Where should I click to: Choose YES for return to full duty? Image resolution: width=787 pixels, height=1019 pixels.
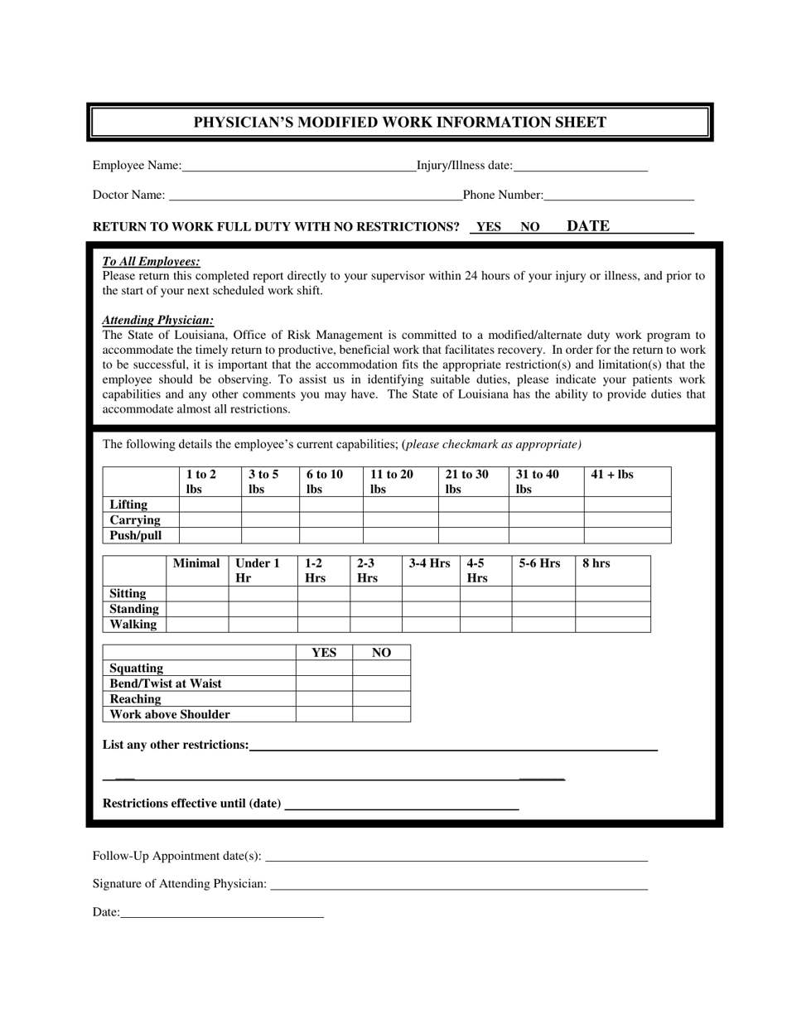[x=488, y=227]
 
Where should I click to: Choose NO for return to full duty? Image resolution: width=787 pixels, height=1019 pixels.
[x=530, y=227]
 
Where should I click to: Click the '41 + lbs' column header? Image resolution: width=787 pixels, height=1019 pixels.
[x=612, y=475]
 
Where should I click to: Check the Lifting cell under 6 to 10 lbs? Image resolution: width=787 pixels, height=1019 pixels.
[x=331, y=505]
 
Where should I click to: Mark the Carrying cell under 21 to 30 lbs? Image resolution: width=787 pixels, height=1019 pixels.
[x=473, y=520]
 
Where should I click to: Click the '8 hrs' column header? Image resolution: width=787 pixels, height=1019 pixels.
[x=596, y=563]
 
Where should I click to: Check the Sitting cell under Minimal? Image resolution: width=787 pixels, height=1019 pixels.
[x=197, y=594]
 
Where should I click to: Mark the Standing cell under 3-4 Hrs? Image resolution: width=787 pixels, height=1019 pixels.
[x=431, y=609]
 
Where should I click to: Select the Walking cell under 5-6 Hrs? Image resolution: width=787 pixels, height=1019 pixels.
[x=543, y=624]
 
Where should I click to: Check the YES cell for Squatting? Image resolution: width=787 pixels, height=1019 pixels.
[x=324, y=669]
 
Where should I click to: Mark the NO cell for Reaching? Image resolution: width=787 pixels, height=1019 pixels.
[x=381, y=699]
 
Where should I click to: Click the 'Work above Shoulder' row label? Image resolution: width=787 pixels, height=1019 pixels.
[x=170, y=714]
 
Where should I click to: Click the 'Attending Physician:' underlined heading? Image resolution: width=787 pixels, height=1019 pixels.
[x=158, y=320]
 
